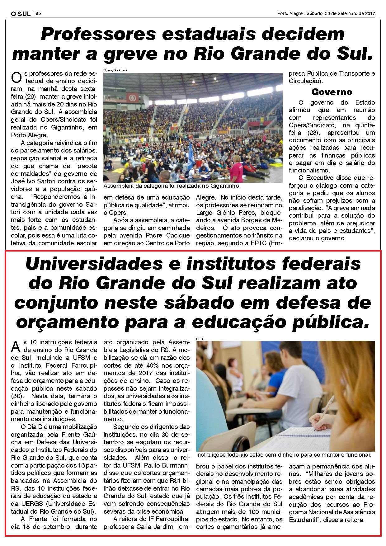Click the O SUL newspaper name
[21, 14]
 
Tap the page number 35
[38, 14]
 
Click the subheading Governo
[332, 92]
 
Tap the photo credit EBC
[199, 338]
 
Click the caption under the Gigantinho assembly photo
[172, 186]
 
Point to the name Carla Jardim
[167, 527]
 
